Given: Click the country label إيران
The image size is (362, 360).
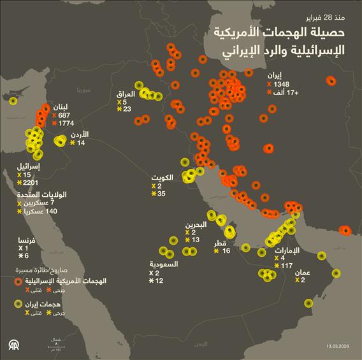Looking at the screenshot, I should coord(275,75).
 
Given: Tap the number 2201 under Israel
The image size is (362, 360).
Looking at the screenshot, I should coord(31,183).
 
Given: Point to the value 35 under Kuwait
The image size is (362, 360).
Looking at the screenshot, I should coord(162,194).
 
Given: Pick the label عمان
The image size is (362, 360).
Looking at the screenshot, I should coord(303,272).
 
